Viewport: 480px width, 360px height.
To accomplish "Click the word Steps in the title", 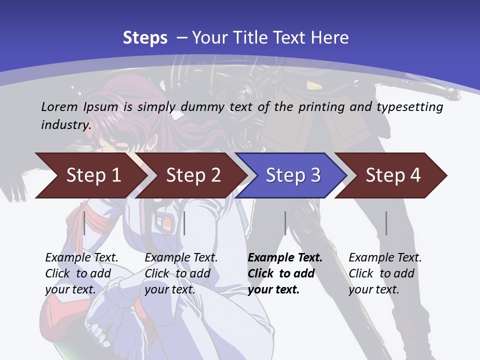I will pyautogui.click(x=145, y=38).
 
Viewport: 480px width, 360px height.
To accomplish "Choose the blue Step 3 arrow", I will pyautogui.click(x=293, y=175).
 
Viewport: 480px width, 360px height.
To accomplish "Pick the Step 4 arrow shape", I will pyautogui.click(x=393, y=175).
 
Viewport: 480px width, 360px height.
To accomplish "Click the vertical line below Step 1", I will pyautogui.click(x=84, y=223).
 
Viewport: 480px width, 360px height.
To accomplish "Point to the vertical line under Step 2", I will pyautogui.click(x=184, y=223).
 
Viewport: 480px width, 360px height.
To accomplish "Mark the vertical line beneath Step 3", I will pyautogui.click(x=285, y=223).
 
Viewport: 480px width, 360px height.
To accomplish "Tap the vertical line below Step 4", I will pyautogui.click(x=386, y=223).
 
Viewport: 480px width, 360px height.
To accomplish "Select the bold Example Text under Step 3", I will pyautogui.click(x=285, y=273).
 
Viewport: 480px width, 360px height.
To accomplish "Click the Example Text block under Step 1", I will pyautogui.click(x=81, y=273).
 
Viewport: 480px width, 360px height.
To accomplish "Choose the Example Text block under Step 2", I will pyautogui.click(x=181, y=273).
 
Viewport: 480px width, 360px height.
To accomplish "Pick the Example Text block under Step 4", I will pyautogui.click(x=385, y=273).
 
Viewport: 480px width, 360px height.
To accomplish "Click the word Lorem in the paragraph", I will pyautogui.click(x=59, y=107).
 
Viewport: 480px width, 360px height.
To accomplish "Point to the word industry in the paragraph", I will pyautogui.click(x=65, y=125).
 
